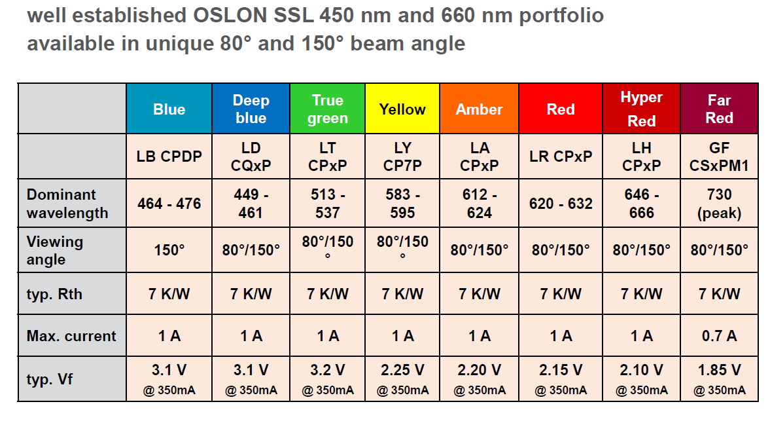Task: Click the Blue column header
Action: click(x=169, y=109)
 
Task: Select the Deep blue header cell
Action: click(x=251, y=109)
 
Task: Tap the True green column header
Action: click(x=327, y=109)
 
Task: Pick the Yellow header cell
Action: click(x=402, y=109)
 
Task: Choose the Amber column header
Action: click(x=480, y=109)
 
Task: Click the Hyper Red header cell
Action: click(x=641, y=109)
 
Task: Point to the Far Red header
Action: click(x=719, y=109)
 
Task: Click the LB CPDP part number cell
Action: click(x=169, y=157)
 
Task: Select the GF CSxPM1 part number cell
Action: click(x=719, y=157)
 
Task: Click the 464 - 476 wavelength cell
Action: click(x=169, y=204)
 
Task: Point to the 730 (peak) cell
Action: click(x=719, y=204)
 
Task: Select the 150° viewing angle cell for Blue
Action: click(x=169, y=250)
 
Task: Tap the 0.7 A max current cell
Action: click(x=719, y=336)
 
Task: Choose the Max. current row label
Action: click(x=71, y=336)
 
